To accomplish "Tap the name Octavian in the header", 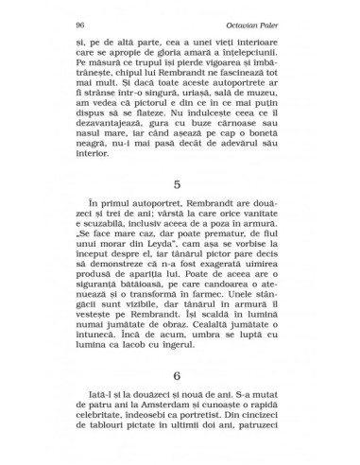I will tap(262, 23).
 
